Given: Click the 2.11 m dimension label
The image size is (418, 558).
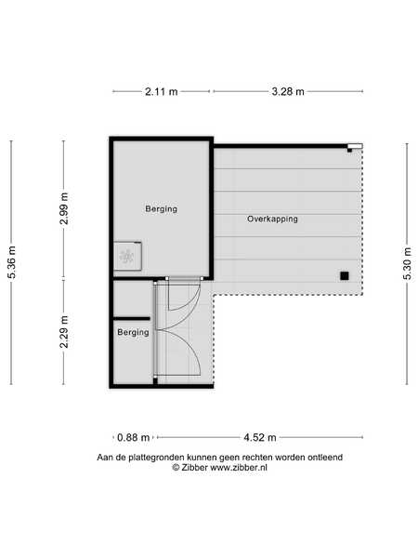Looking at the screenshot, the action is (161, 91).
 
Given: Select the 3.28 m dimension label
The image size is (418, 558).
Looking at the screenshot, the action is (288, 91).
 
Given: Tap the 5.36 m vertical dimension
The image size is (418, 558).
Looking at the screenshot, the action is (12, 262).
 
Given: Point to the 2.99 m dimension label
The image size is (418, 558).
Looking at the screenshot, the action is (64, 208).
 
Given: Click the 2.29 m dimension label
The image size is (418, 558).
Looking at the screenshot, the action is (64, 332).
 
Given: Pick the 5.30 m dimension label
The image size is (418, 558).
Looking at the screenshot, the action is (408, 263).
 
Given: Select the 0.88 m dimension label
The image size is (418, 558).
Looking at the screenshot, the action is (133, 437).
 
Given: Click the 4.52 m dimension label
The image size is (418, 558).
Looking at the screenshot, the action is (260, 437).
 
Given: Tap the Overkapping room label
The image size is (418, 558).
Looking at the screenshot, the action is (272, 219).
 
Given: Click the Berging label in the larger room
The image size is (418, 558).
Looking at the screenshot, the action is (162, 209).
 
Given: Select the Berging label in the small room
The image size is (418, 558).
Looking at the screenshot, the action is (133, 332).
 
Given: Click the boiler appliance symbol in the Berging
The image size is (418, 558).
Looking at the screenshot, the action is (127, 256).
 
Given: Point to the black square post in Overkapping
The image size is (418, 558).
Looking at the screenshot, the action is (344, 276).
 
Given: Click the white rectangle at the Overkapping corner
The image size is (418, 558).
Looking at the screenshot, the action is (355, 146).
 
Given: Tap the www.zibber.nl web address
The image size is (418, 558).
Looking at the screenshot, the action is (239, 467).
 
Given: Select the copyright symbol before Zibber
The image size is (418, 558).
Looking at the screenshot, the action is (176, 467).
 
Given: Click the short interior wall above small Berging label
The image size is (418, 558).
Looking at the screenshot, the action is (132, 318).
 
